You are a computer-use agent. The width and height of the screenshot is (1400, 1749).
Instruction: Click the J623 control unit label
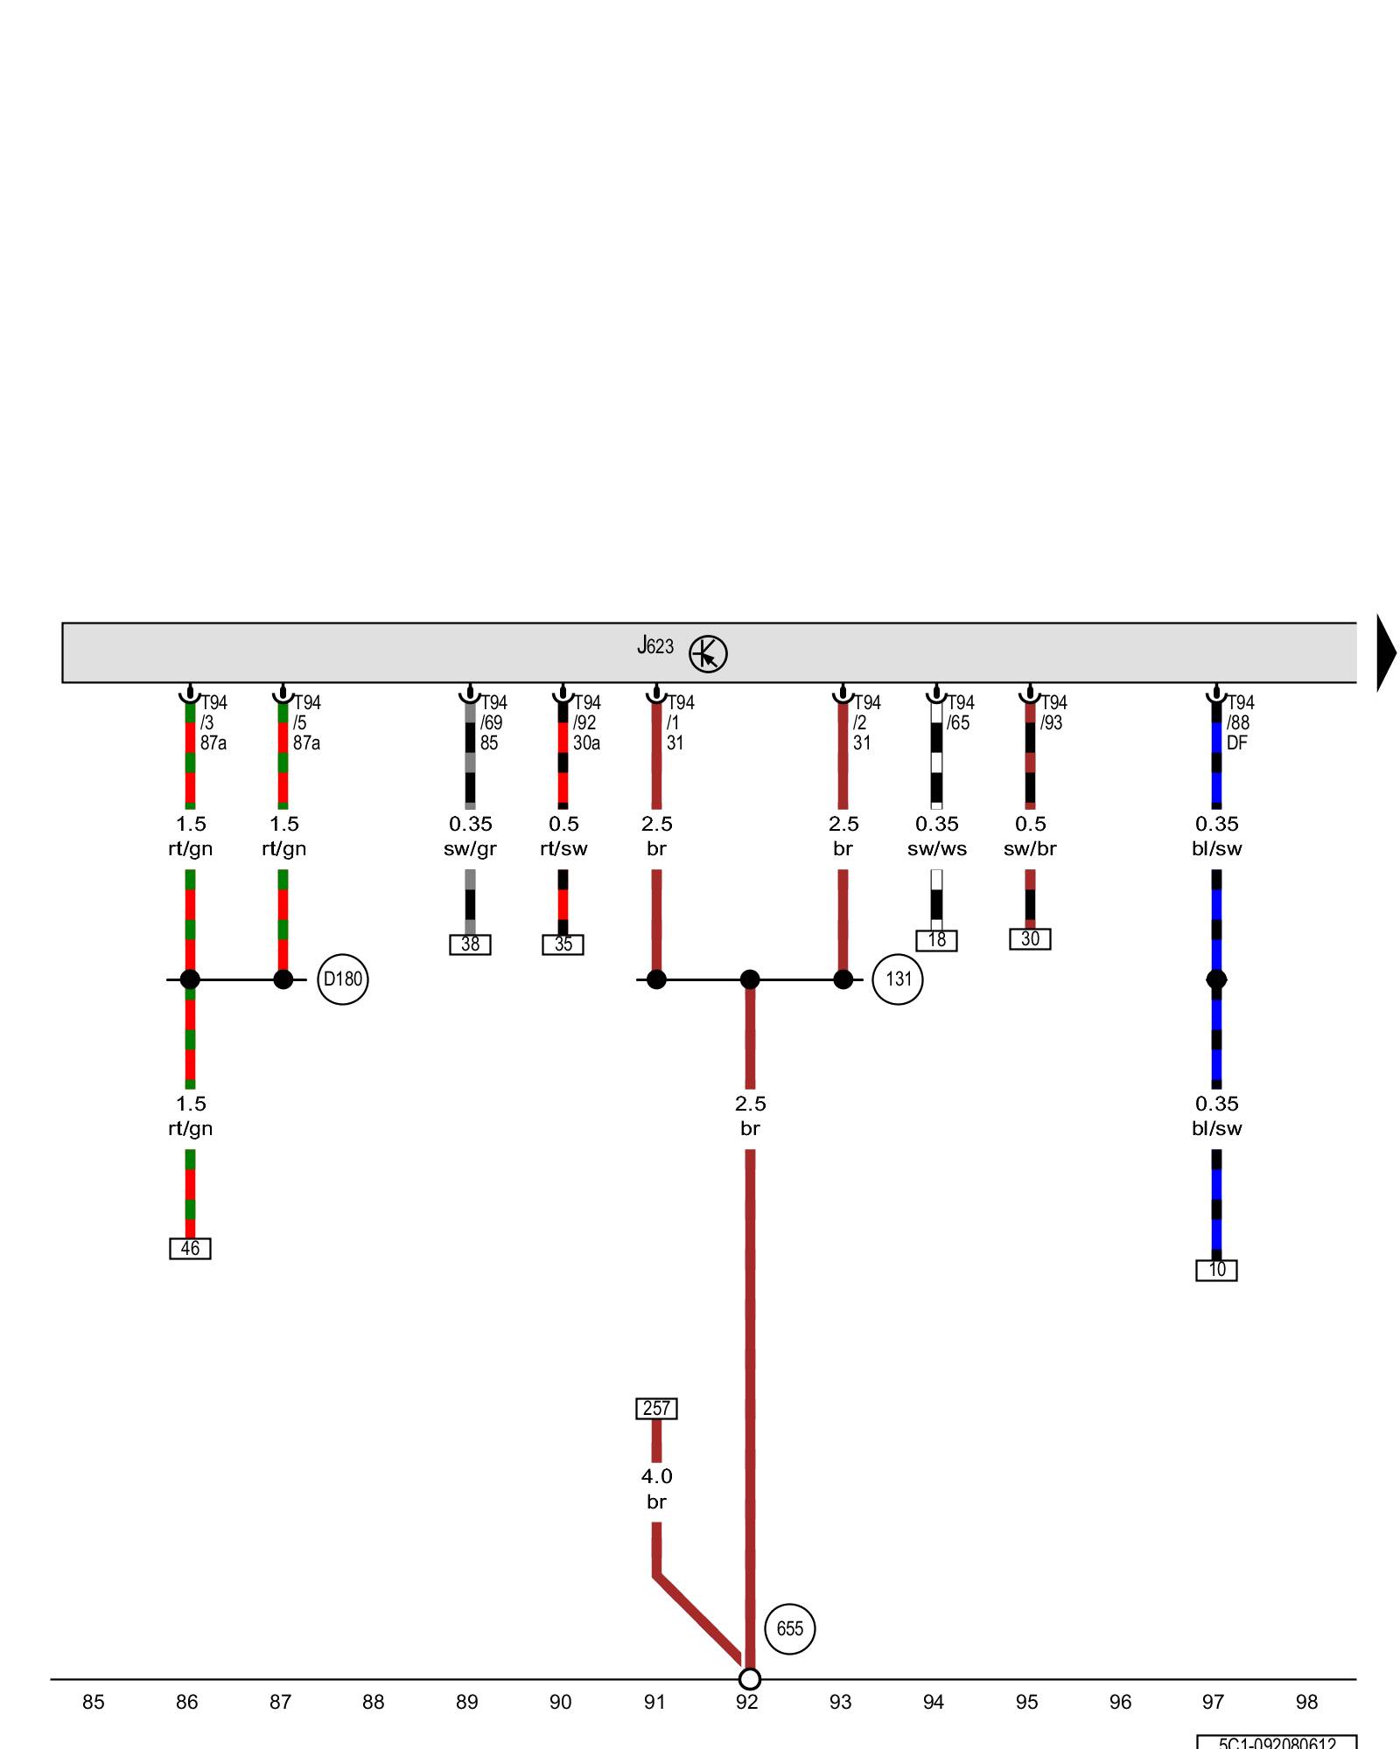point(655,646)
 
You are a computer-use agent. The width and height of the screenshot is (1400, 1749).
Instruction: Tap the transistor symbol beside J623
point(708,654)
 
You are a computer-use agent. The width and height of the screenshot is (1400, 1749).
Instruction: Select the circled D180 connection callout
point(342,979)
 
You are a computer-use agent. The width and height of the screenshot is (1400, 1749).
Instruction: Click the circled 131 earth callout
point(898,979)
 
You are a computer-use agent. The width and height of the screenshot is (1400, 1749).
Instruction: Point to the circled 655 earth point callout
point(789,1628)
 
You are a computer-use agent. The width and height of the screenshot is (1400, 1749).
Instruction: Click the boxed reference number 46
point(190,1249)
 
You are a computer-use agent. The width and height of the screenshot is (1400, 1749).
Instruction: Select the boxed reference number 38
point(470,944)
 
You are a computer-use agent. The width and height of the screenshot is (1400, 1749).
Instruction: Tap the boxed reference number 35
point(563,944)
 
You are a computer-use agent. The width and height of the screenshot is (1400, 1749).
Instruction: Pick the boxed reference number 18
point(936,940)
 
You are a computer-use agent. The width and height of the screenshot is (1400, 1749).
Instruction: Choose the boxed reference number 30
point(1030,939)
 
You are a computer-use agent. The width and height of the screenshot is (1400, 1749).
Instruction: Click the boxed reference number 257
point(656,1409)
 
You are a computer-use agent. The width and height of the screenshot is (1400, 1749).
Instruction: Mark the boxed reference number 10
point(1216,1270)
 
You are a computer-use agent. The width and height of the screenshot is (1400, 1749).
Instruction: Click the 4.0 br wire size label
point(656,1488)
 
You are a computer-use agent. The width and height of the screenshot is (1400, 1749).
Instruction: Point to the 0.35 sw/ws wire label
point(936,836)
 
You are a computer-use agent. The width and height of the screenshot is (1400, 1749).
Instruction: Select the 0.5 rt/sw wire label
point(563,836)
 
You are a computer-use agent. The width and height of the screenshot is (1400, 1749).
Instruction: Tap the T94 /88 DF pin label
point(1239,723)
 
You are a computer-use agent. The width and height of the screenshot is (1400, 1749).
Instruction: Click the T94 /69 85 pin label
point(493,723)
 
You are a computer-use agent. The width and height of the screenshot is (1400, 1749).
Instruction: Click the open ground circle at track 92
point(750,1679)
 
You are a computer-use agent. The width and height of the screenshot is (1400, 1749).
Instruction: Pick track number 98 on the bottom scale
point(1306,1702)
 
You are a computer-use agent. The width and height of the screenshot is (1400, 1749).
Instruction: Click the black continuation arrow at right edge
point(1385,653)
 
